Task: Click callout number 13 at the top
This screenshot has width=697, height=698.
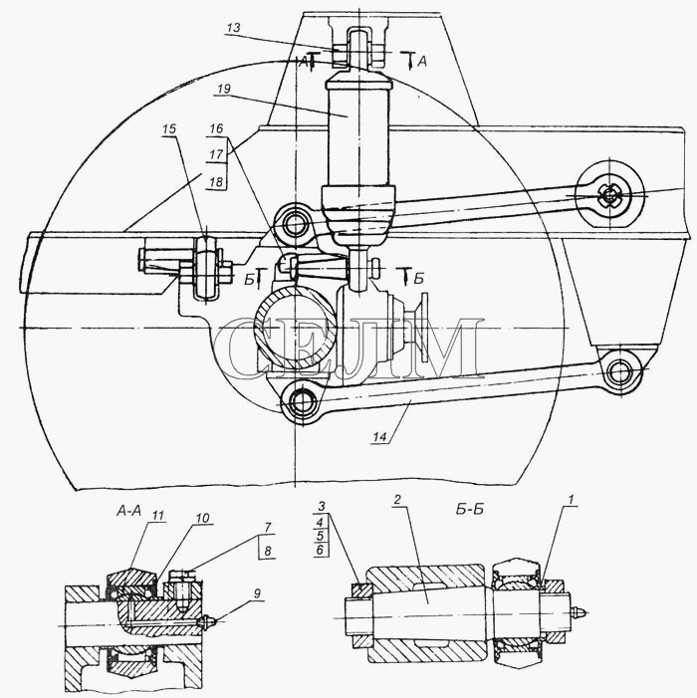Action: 233,28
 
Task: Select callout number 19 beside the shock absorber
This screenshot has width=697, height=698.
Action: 224,89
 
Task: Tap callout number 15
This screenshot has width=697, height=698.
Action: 169,129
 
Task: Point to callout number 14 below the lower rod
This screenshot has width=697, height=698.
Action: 379,437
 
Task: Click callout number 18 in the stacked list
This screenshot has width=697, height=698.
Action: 216,182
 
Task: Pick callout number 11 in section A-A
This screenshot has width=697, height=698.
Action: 158,516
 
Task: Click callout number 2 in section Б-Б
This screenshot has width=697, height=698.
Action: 397,499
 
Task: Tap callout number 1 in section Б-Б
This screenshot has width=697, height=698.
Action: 572,500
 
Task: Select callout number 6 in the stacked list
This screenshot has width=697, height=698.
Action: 320,550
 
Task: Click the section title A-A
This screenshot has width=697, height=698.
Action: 128,511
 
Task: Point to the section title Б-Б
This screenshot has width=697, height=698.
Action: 470,510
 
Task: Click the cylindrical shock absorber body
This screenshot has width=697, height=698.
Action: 358,133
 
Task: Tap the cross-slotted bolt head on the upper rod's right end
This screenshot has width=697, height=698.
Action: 609,194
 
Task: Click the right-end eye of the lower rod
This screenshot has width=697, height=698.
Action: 619,371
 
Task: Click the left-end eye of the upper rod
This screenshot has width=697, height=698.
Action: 294,225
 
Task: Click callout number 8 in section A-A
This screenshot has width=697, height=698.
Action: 268,551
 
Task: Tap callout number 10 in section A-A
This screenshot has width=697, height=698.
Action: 201,518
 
